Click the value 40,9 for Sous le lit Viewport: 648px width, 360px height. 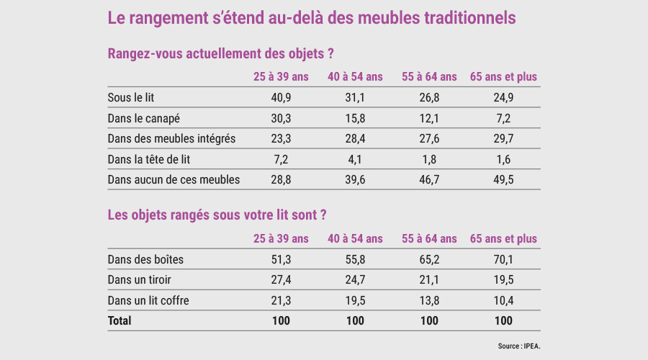click(281, 97)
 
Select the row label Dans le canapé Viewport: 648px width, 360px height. click(144, 118)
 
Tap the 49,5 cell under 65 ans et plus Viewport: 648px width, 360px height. click(503, 180)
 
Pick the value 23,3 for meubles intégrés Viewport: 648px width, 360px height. click(281, 138)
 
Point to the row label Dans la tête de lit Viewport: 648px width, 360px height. click(149, 159)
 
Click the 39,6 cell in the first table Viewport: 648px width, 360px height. click(355, 180)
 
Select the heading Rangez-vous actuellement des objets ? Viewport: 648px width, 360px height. click(221, 54)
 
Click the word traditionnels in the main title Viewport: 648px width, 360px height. click(470, 18)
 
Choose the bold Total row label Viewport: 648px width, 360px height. click(120, 320)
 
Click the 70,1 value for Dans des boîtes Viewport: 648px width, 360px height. click(503, 260)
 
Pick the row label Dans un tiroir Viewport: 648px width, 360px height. click(139, 280)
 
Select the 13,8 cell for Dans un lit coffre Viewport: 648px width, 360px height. click(429, 300)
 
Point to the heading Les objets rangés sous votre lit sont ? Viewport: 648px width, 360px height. click(217, 215)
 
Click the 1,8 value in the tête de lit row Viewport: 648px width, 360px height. click(429, 159)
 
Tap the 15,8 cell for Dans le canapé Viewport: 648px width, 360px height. click(355, 118)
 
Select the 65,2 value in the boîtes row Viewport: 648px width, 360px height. click(429, 260)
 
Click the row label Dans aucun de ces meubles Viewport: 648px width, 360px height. click(174, 180)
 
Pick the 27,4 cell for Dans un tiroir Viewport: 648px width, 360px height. click(281, 280)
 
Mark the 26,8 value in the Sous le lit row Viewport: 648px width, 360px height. click(429, 97)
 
